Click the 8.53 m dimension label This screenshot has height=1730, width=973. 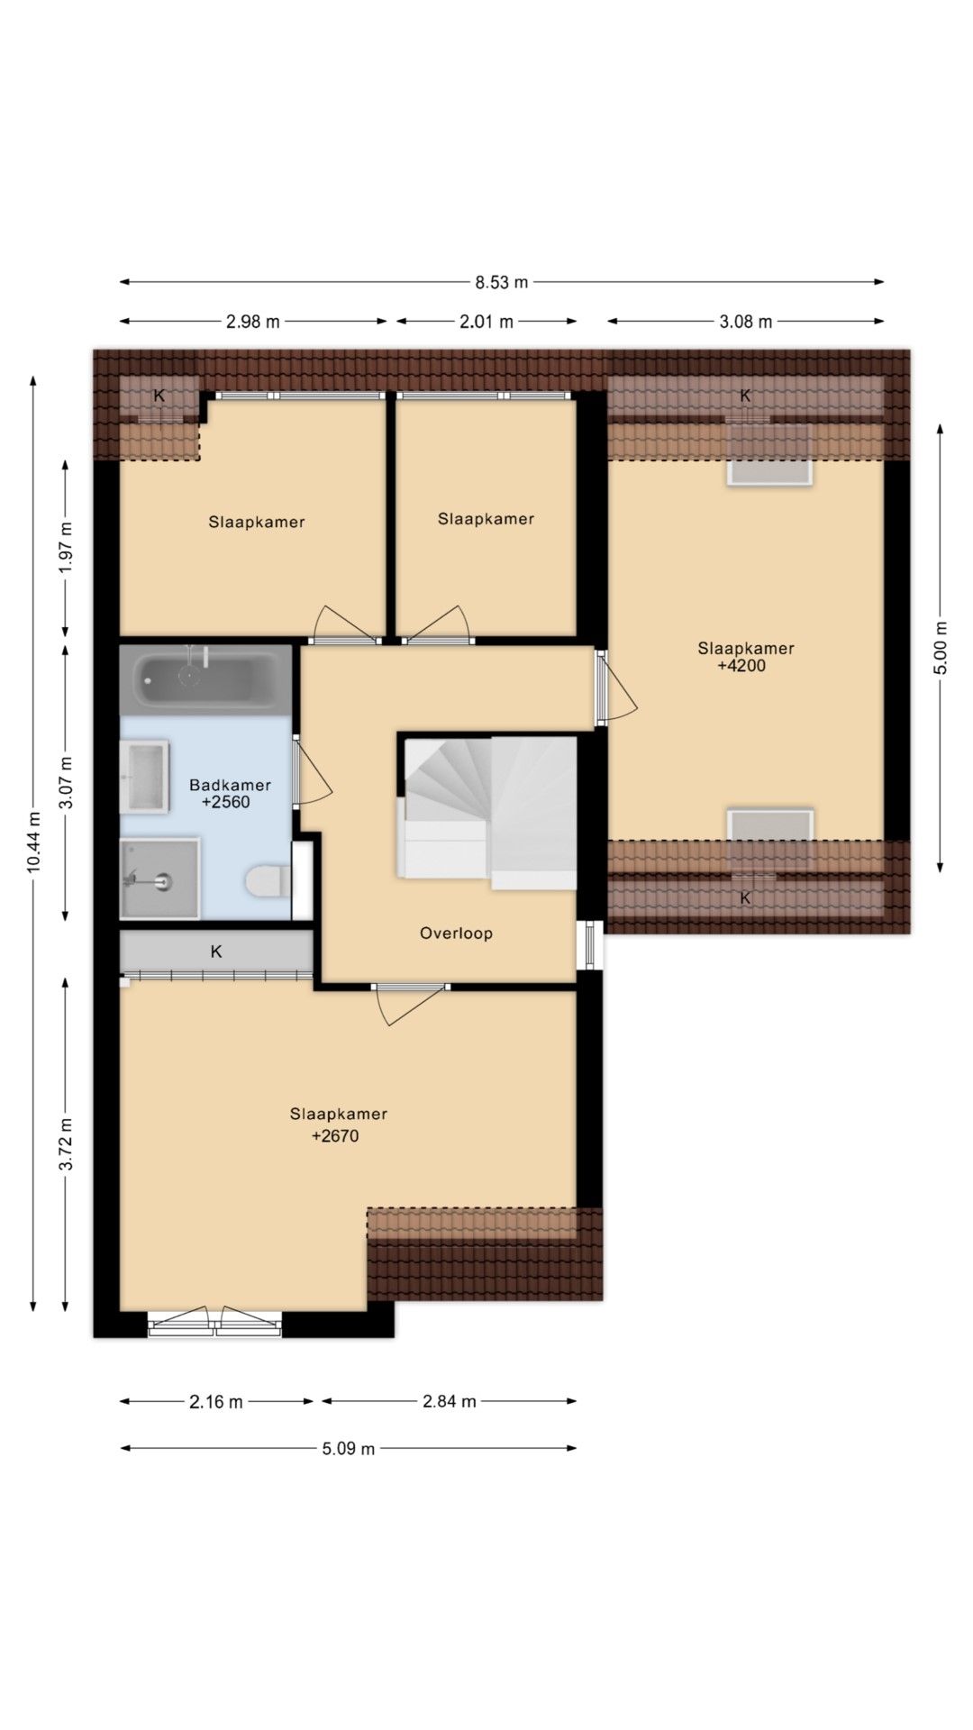click(502, 282)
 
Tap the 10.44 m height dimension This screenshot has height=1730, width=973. click(33, 842)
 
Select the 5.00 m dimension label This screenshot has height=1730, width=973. click(940, 648)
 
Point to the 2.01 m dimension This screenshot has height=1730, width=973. click(486, 322)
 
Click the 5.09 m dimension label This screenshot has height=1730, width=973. click(349, 1449)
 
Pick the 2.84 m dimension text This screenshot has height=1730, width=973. click(450, 1401)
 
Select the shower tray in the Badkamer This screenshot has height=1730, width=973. click(160, 879)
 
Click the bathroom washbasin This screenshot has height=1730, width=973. click(145, 777)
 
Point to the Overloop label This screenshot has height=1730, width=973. click(456, 933)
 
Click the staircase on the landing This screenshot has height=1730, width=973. click(486, 813)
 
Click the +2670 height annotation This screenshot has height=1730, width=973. click(335, 1136)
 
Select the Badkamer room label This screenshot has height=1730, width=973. click(230, 785)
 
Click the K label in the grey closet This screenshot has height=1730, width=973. click(216, 951)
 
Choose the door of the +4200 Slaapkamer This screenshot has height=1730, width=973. click(616, 687)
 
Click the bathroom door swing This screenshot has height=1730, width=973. click(313, 771)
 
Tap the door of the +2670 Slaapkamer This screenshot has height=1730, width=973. click(411, 1005)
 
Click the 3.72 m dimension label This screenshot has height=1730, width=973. click(66, 1144)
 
